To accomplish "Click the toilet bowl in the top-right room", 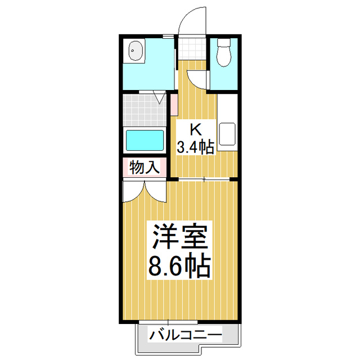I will [224, 55].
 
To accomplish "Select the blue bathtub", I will [145, 139].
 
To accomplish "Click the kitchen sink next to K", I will [228, 133].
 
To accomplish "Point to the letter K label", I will [195, 129].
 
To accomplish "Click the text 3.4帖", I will [195, 147].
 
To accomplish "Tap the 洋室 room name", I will [179, 237].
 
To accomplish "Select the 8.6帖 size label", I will [179, 265].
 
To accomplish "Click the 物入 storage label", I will [145, 166].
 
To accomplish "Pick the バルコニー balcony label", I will [186, 336].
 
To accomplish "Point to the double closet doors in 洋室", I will [144, 191].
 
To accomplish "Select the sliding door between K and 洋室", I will [203, 179].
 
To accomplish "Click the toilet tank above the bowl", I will [224, 42].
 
